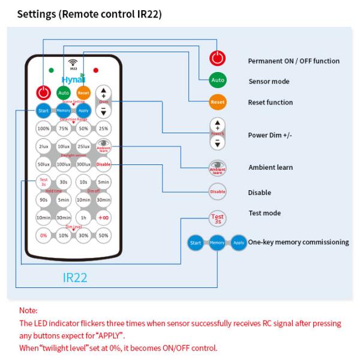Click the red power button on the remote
click(43, 93)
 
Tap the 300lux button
click(83, 164)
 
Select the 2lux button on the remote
click(43, 146)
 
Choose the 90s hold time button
click(43, 199)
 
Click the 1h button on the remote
click(83, 217)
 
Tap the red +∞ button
click(103, 217)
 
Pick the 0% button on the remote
click(43, 235)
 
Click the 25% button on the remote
click(103, 128)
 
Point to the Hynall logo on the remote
click(73, 79)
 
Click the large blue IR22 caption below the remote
click(76, 277)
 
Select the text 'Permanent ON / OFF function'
click(293, 61)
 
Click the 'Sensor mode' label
click(269, 82)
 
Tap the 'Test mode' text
click(265, 213)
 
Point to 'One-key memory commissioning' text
click(298, 242)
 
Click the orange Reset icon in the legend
click(218, 102)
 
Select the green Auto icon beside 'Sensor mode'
click(218, 80)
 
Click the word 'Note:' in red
click(28, 311)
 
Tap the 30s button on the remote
click(63, 182)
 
